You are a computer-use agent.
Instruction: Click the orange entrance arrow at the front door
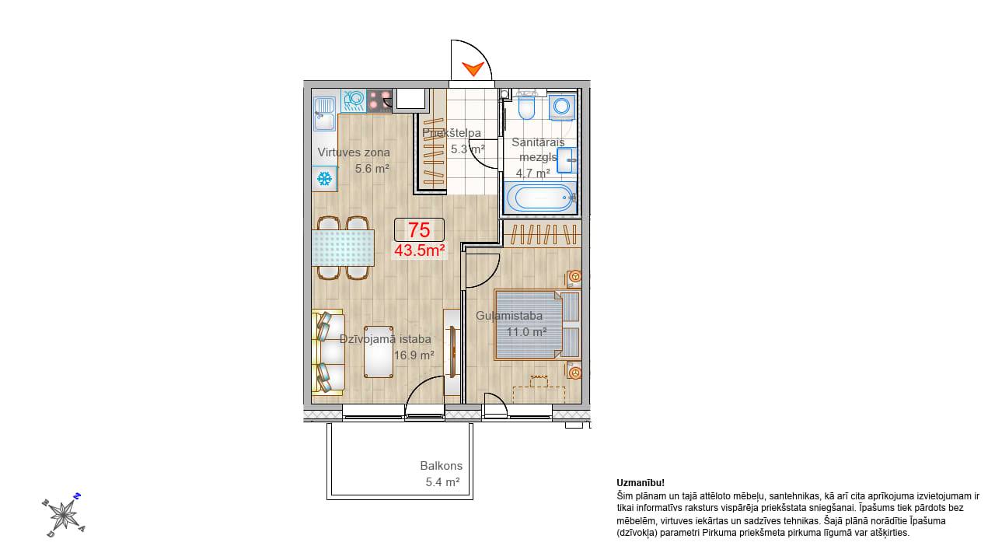[x=473, y=68]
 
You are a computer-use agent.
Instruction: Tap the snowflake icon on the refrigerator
[x=324, y=179]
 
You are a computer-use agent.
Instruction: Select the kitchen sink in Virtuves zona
[x=325, y=114]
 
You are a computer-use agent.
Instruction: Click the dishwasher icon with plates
[x=354, y=100]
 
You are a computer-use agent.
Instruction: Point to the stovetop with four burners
[x=379, y=100]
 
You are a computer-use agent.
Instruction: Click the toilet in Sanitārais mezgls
[x=527, y=105]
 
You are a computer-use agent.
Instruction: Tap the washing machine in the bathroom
[x=562, y=107]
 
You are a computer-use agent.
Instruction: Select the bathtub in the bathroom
[x=540, y=198]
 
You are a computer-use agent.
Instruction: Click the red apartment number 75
[x=419, y=229]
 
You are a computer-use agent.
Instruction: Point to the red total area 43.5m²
[x=419, y=250]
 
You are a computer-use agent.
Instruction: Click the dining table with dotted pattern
[x=343, y=248]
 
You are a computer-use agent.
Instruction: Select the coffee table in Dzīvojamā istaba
[x=379, y=352]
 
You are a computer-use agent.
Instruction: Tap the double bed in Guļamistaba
[x=537, y=324]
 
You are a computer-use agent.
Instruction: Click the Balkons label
[x=441, y=466]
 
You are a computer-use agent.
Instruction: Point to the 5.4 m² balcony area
[x=442, y=482]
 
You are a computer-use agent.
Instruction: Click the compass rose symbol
[x=64, y=516]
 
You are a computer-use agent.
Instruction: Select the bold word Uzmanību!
[x=641, y=483]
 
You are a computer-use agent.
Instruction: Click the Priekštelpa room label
[x=452, y=133]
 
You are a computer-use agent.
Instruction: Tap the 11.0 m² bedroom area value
[x=527, y=332]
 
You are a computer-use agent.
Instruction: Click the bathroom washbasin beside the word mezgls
[x=567, y=160]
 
